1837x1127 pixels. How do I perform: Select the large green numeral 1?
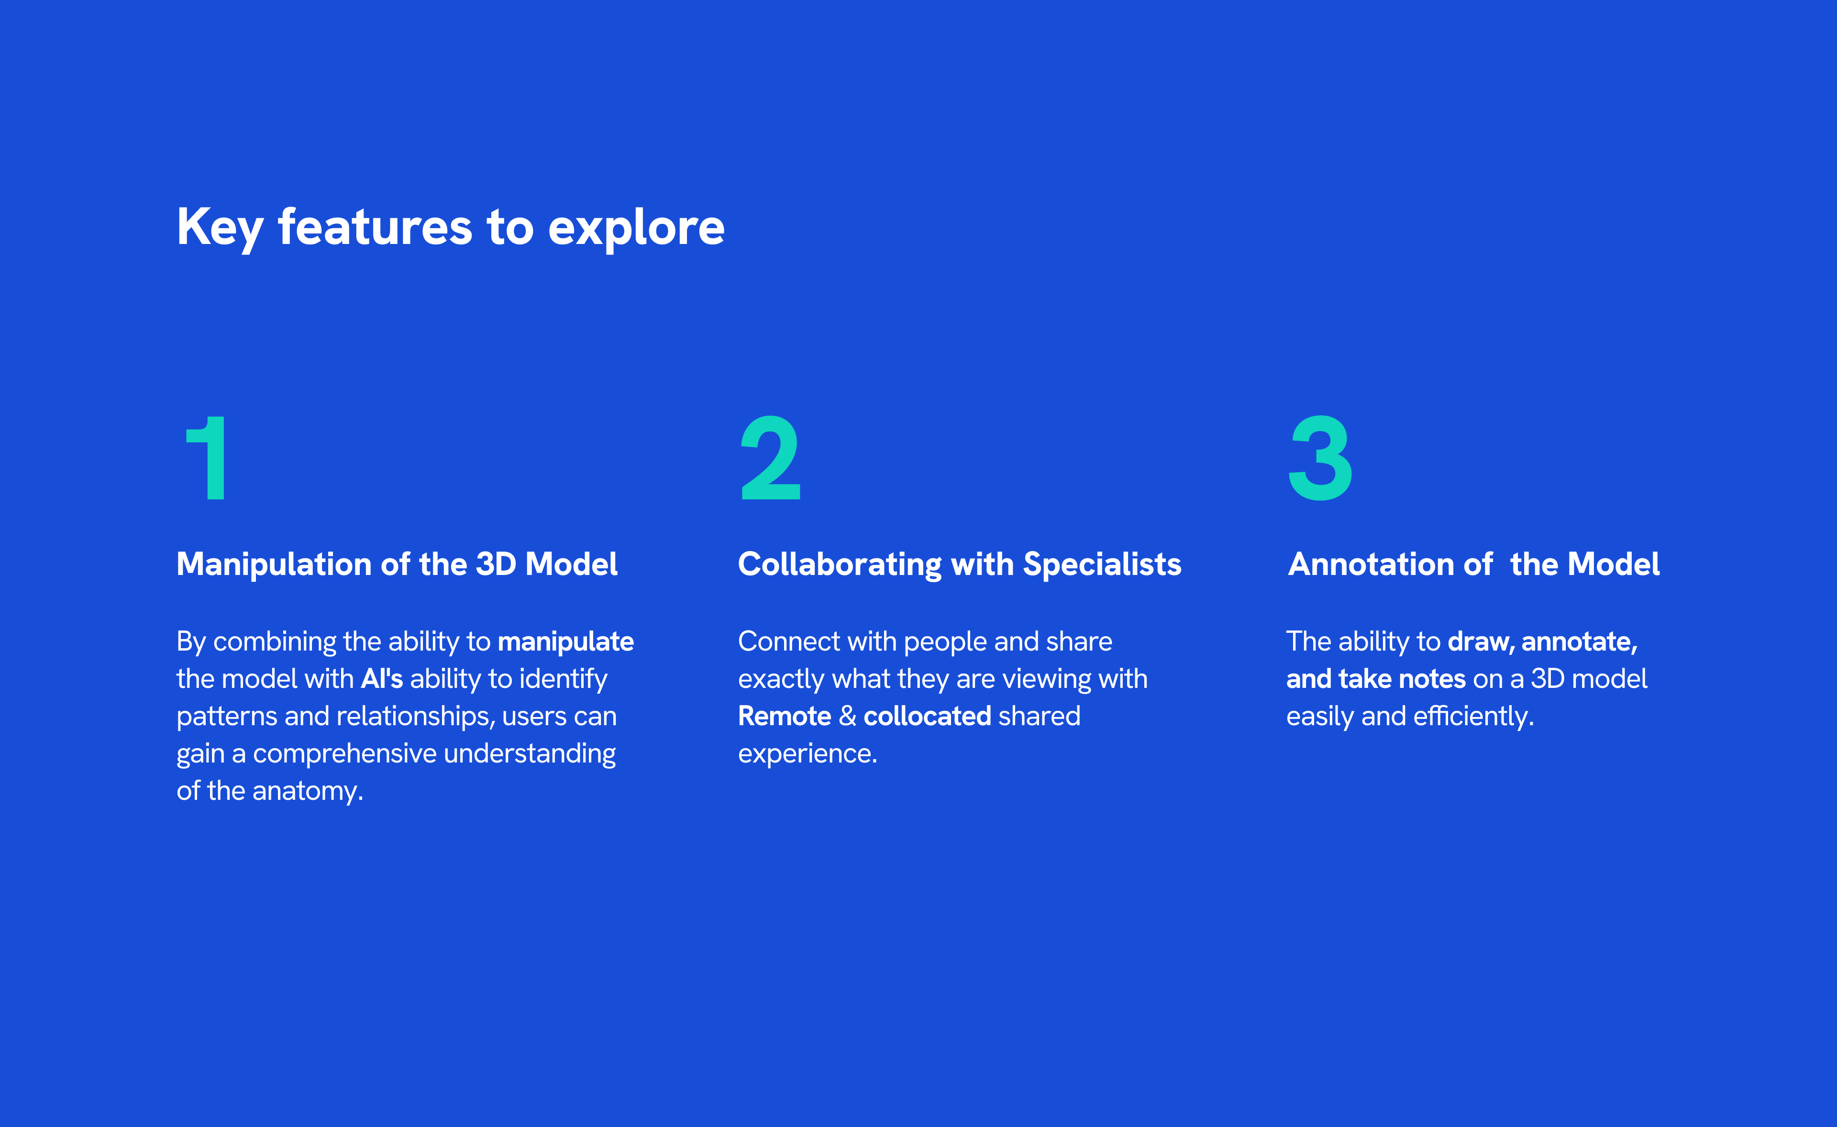[207, 458]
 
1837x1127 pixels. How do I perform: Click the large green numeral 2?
[770, 458]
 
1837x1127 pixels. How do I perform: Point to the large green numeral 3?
[1320, 458]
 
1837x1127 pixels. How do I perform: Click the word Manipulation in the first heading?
[275, 565]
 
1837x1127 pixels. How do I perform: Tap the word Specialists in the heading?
[1102, 565]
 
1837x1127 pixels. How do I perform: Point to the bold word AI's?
[382, 678]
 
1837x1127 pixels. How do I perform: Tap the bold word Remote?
[784, 716]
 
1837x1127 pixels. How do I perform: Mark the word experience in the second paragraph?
[808, 753]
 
